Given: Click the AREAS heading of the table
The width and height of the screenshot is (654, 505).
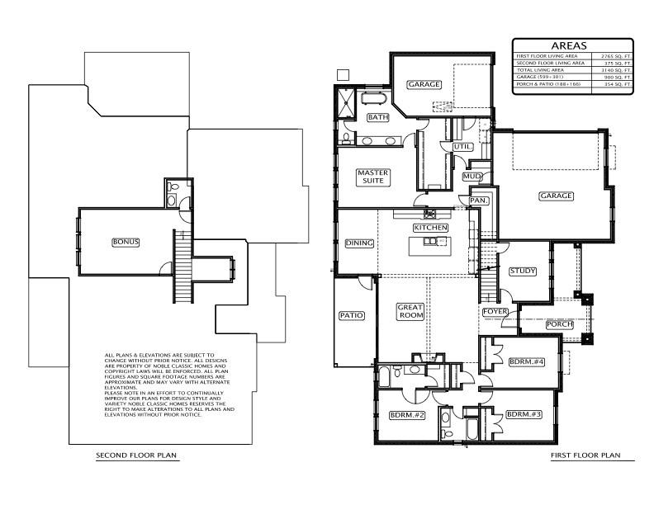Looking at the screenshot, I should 571,45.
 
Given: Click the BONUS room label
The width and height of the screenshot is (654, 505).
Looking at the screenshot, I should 126,242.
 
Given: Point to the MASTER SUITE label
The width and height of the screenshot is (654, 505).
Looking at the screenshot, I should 372,177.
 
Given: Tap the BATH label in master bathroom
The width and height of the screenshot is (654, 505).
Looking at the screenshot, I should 377,117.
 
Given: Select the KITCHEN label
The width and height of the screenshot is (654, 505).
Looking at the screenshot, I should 430,227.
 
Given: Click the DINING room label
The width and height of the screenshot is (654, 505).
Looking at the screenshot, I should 359,243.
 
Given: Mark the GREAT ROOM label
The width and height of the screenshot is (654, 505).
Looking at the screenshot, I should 410,310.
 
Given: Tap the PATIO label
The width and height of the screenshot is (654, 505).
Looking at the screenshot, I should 351,315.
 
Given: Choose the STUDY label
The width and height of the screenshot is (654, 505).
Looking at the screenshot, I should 522,271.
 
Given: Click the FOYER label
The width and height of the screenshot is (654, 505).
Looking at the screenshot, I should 495,311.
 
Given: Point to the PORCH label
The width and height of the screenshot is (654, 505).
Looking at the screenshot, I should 560,324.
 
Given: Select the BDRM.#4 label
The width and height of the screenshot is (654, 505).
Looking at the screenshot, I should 526,361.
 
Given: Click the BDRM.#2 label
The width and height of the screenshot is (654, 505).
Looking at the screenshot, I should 406,414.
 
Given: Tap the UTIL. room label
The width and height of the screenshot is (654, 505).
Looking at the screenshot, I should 462,146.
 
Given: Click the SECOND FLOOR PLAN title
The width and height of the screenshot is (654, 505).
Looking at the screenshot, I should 136,455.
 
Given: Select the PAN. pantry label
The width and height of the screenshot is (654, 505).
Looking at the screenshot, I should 478,200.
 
